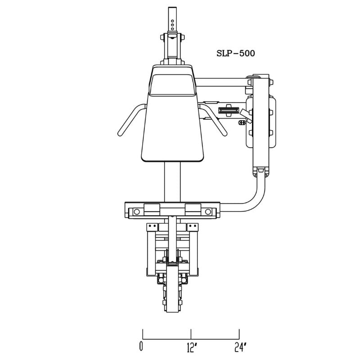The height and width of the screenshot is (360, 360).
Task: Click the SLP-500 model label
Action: pyautogui.click(x=235, y=53)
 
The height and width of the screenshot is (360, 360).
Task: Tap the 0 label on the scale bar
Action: pyautogui.click(x=141, y=346)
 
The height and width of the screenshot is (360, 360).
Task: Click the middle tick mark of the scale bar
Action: pyautogui.click(x=191, y=334)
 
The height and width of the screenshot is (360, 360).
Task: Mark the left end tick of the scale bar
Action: pyautogui.click(x=143, y=334)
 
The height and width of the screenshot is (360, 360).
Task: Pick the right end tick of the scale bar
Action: pyautogui.click(x=239, y=334)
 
